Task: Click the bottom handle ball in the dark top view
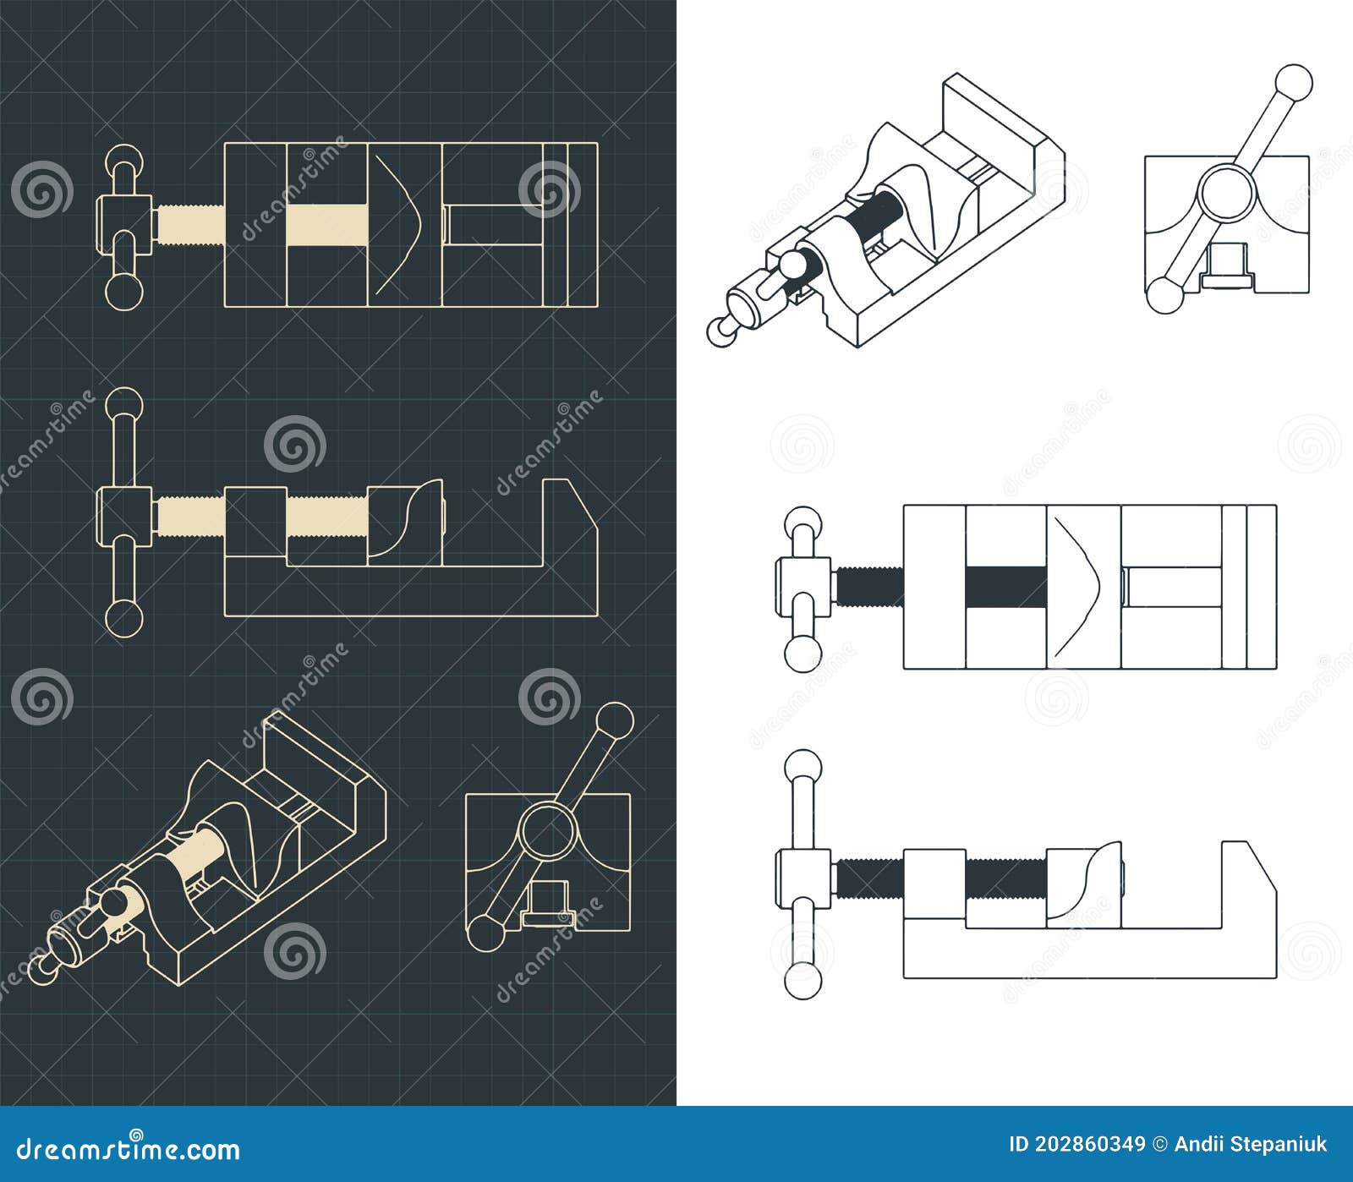pyautogui.click(x=124, y=291)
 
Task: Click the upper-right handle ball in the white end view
pyautogui.click(x=1294, y=83)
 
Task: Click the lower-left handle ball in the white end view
pyautogui.click(x=1164, y=296)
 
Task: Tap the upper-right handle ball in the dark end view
pyautogui.click(x=615, y=721)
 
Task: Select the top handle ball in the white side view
pyautogui.click(x=803, y=767)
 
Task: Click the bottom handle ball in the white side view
pyautogui.click(x=803, y=981)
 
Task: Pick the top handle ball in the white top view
pyautogui.click(x=803, y=524)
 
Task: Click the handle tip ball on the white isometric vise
pyautogui.click(x=723, y=330)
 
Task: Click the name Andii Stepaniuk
pyautogui.click(x=1252, y=1145)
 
